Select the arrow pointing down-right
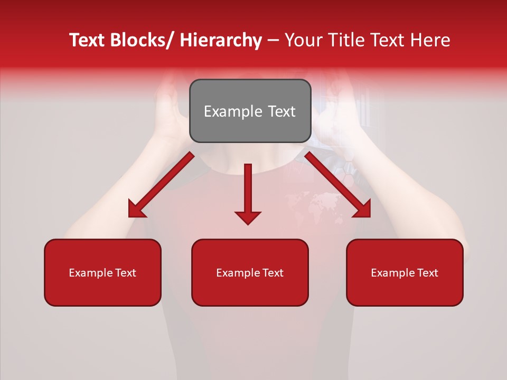coord(338,185)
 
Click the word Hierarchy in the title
coord(221,40)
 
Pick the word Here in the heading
coord(431,40)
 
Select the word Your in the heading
coord(303,40)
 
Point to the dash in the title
coord(273,40)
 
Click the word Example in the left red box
coord(91,273)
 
